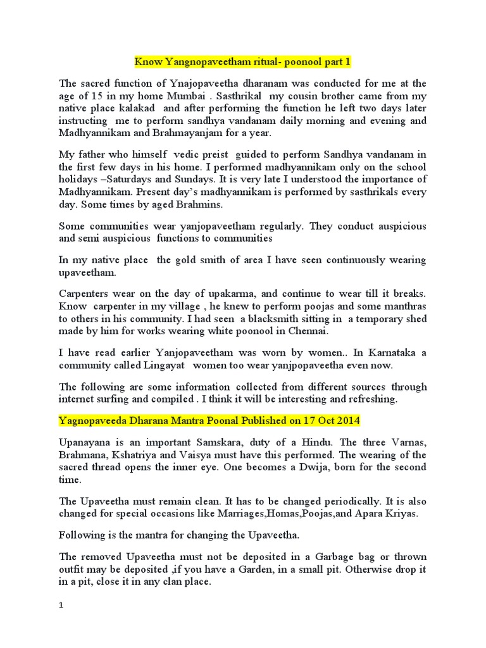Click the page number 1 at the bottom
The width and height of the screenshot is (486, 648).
tap(61, 606)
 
